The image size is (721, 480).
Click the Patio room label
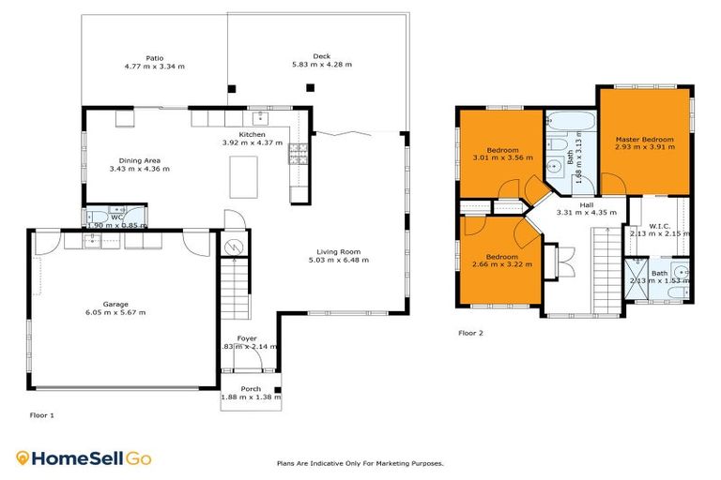click(x=154, y=57)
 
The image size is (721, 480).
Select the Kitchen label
click(x=251, y=135)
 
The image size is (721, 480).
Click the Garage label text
click(x=116, y=304)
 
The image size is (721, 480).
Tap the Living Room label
click(x=338, y=251)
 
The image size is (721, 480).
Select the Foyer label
click(x=247, y=337)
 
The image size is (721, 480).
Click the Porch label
click(x=251, y=389)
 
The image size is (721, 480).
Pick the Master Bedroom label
click(x=644, y=139)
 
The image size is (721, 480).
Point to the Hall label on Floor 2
click(x=586, y=204)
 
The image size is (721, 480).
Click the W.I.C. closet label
click(x=658, y=225)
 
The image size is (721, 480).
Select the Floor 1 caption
click(x=41, y=414)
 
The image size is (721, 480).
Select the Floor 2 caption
click(x=470, y=333)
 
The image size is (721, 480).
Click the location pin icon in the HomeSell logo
click(x=23, y=458)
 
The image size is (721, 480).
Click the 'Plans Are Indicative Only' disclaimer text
click(x=360, y=463)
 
